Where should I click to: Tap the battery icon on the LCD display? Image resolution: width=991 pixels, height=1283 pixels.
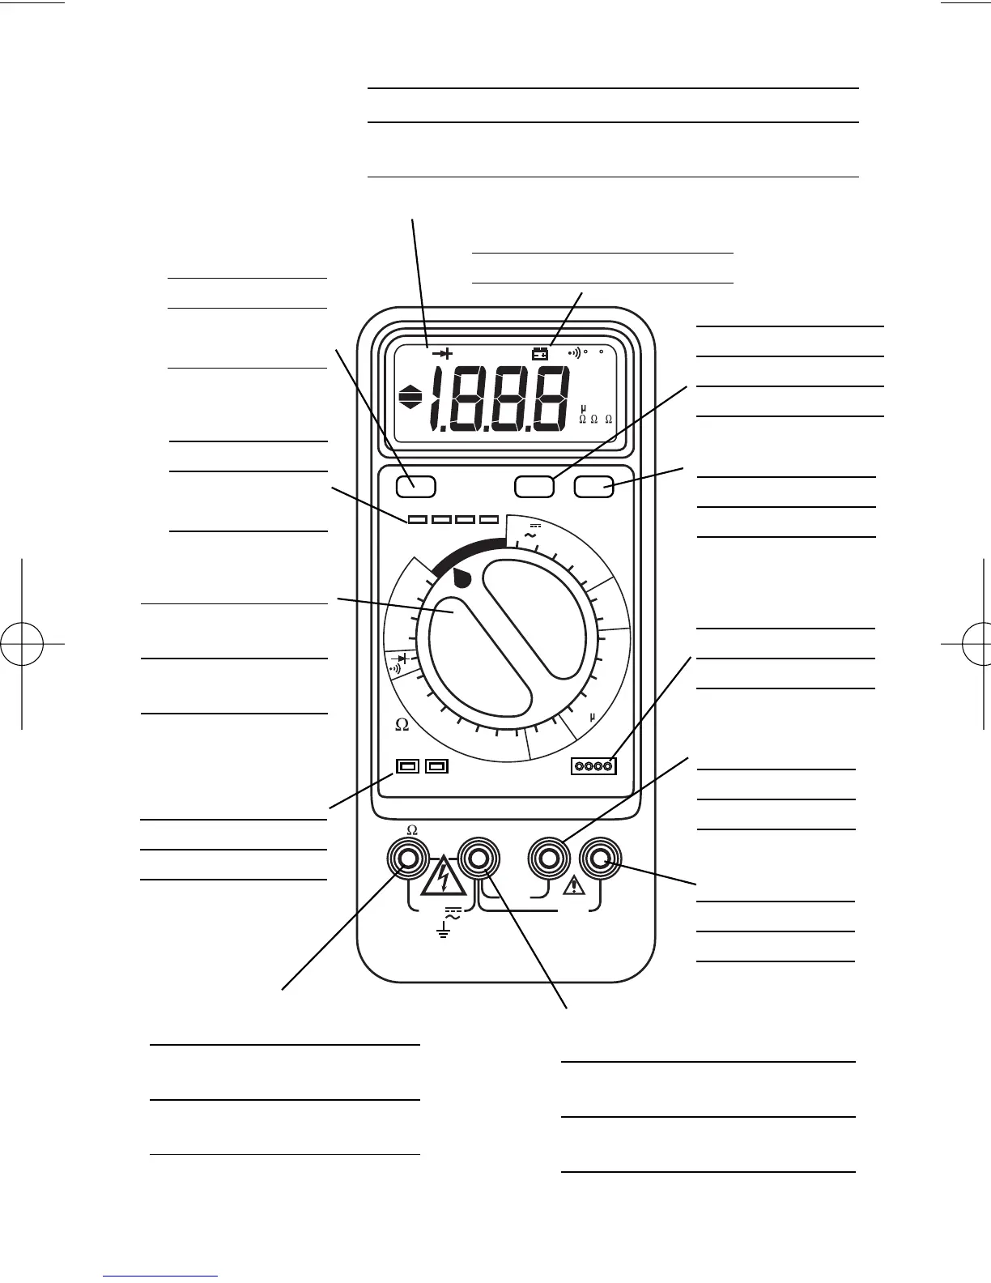tap(539, 353)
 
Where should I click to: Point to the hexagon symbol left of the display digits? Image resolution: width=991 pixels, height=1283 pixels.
tap(410, 399)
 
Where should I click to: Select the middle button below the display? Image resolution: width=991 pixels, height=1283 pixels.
tap(534, 486)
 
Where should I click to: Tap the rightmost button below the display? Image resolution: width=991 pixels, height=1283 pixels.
tap(593, 486)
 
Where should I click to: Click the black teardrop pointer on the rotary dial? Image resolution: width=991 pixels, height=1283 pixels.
tap(461, 578)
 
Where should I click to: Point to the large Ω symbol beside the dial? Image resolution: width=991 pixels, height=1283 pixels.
tap(402, 725)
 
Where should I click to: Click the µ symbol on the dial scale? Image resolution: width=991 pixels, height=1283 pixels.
tap(592, 717)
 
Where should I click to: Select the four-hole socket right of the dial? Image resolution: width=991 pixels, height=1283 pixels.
tap(593, 765)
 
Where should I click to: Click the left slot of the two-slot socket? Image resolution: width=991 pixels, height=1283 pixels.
tap(407, 765)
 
